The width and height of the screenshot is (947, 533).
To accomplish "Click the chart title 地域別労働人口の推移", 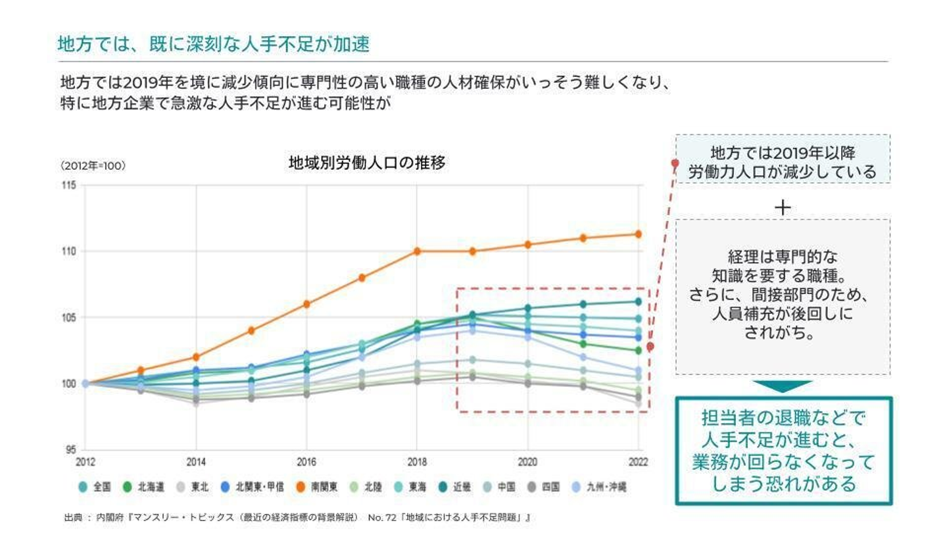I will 366,163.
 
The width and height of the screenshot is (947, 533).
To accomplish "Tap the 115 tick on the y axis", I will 69,186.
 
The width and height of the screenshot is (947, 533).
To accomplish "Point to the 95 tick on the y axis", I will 71,450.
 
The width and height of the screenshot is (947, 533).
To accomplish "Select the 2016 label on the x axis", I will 306,462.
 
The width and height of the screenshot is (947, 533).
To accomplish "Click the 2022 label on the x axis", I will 637,462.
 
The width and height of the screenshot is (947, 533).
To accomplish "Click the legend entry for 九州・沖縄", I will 602,488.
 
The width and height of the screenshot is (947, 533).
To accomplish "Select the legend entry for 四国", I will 543,488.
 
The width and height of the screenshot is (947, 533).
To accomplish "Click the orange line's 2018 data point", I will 417,251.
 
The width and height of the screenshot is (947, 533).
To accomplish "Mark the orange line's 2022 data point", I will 638,234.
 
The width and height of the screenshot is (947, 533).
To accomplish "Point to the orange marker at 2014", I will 196,357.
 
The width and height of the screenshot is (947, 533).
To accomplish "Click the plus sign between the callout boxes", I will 783,208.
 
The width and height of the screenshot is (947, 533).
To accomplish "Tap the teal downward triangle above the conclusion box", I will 783,386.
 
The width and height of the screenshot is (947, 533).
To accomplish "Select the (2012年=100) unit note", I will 93,166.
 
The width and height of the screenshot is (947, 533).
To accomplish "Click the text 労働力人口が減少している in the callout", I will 782,172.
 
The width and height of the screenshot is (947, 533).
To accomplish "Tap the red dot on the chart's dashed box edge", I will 650,346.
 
